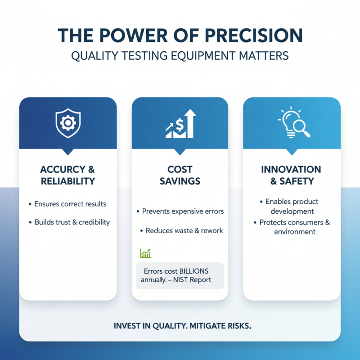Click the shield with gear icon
pos(67,122)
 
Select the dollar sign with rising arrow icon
pos(180,123)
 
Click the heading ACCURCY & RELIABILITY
pos(67,175)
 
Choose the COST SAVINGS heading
pos(180,175)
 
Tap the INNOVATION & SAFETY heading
pos(291,175)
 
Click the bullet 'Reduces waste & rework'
pos(184,230)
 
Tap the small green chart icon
pos(145,253)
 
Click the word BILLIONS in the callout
pos(194,271)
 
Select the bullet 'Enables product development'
pos(292,207)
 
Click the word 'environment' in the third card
pos(295,232)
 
